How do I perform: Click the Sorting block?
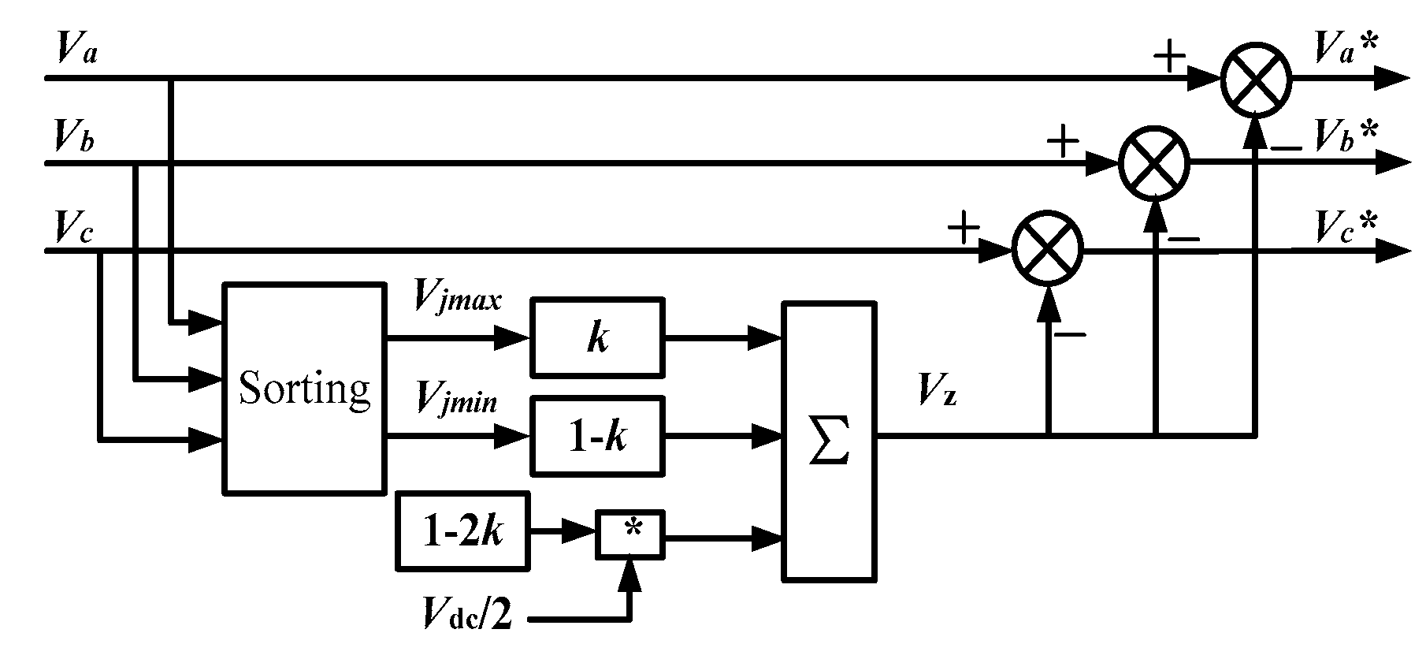(304, 389)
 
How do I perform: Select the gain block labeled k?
(598, 338)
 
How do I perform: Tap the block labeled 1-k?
(598, 435)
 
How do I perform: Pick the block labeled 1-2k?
(462, 531)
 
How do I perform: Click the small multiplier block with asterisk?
(630, 535)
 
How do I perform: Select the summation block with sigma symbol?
(828, 441)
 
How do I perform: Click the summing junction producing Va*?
(1256, 80)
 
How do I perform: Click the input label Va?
(76, 49)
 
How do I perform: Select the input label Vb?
(74, 136)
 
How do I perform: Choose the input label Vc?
(73, 226)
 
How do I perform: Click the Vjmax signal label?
(457, 300)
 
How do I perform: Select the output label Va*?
(1345, 49)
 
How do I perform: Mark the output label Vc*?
(1345, 226)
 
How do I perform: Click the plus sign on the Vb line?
(1062, 143)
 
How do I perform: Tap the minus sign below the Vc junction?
(1070, 335)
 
